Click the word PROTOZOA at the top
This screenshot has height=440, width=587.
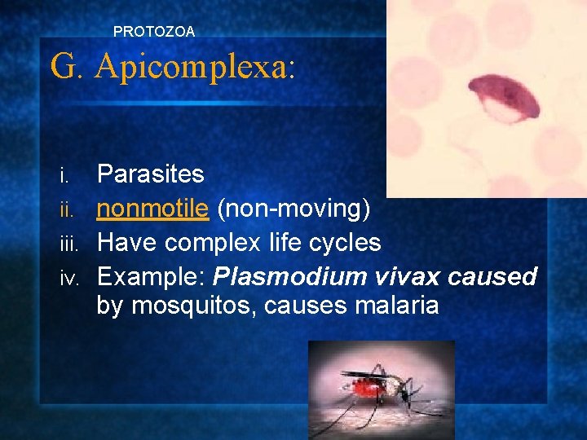click(x=154, y=32)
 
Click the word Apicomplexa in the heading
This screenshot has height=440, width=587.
click(x=194, y=66)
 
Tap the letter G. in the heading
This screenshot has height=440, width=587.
click(x=68, y=66)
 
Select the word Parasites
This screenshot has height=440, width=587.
click(x=151, y=174)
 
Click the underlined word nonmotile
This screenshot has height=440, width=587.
click(x=153, y=209)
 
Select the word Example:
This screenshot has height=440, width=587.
click(x=152, y=277)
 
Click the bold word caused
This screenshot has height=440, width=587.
click(x=493, y=277)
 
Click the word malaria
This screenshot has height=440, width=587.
click(x=391, y=306)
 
